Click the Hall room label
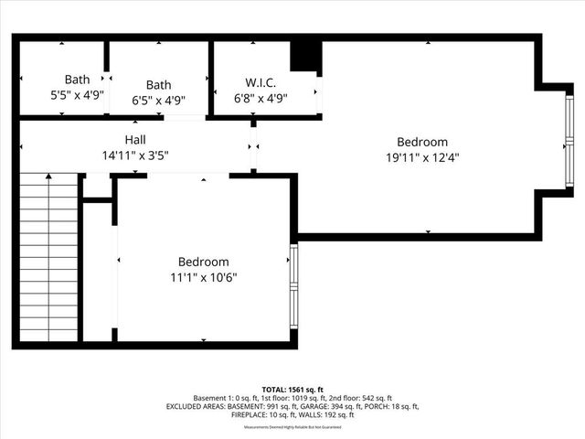[x=135, y=140]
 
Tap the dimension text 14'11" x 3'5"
[x=135, y=155]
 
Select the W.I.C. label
[x=261, y=83]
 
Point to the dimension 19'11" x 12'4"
[x=422, y=156]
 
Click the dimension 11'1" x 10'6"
[x=203, y=276]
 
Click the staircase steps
[x=47, y=256]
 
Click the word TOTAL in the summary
[x=275, y=389]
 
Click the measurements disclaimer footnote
[x=292, y=426]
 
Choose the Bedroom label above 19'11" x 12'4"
[x=422, y=142]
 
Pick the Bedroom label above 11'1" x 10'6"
[x=203, y=262]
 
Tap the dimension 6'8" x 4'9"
[x=261, y=99]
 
